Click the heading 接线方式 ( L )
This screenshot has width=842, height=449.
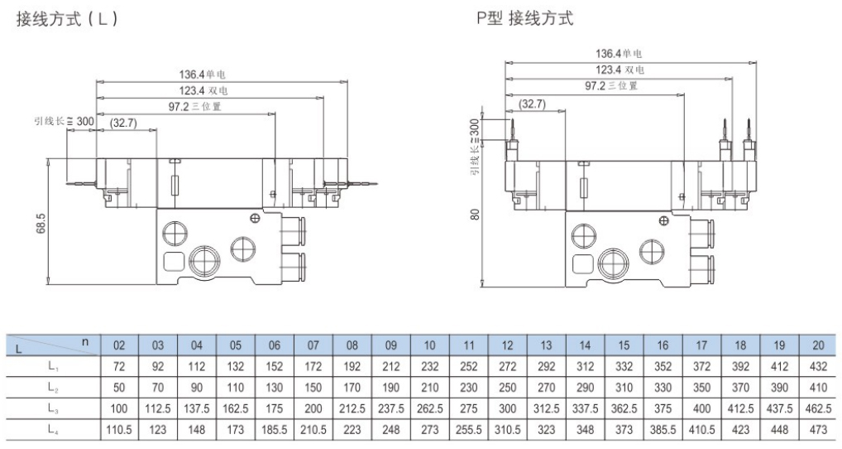(x=67, y=18)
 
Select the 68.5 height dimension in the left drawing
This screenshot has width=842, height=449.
(x=41, y=221)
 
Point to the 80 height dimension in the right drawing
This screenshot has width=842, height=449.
(x=475, y=213)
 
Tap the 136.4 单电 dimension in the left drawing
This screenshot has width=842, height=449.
(x=203, y=75)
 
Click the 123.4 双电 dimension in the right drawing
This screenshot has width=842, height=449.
(x=620, y=70)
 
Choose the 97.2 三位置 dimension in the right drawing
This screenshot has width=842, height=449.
(x=611, y=85)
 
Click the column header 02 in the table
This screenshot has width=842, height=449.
(x=119, y=345)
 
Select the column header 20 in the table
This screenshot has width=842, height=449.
(x=819, y=345)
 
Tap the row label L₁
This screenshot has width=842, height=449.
(x=52, y=365)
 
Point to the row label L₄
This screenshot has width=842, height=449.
(x=52, y=429)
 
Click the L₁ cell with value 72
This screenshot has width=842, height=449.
(x=119, y=365)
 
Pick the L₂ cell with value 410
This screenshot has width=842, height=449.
(x=819, y=387)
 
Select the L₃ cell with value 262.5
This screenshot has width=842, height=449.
(x=430, y=408)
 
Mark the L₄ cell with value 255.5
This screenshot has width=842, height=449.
(x=469, y=429)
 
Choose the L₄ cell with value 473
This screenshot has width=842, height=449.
(x=819, y=429)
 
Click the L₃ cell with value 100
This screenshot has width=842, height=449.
(x=119, y=408)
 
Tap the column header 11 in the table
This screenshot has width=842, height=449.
(x=469, y=345)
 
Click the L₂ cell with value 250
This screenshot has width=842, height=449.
(x=507, y=387)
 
